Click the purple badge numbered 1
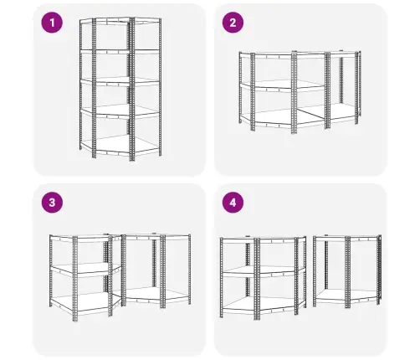pyautogui.click(x=52, y=23)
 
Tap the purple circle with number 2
pyautogui.click(x=233, y=23)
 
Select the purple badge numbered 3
pyautogui.click(x=52, y=203)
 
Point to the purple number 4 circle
pyautogui.click(x=233, y=203)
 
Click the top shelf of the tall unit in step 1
pyautogui.click(x=120, y=20)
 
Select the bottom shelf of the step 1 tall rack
pyautogui.click(x=120, y=146)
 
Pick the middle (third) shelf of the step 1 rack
pyautogui.click(x=120, y=80)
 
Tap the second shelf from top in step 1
pyautogui.click(x=120, y=51)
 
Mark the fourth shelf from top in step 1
pyautogui.click(x=120, y=111)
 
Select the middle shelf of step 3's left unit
pyautogui.click(x=86, y=269)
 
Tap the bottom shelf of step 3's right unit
pyautogui.click(x=156, y=295)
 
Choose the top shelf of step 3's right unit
pyautogui.click(x=156, y=237)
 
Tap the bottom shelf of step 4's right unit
pyautogui.click(x=347, y=296)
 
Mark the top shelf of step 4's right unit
pyautogui.click(x=347, y=239)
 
